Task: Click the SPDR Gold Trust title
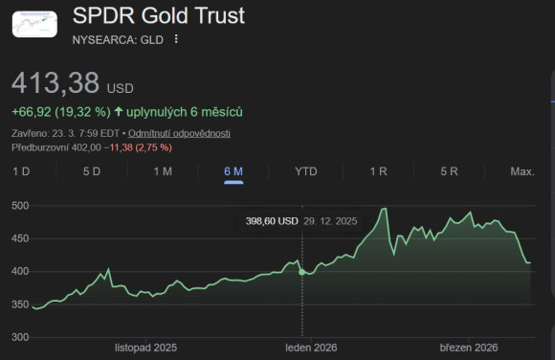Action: [159, 16]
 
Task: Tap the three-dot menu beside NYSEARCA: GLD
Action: [176, 39]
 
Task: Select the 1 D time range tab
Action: [20, 171]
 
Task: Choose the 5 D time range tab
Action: [92, 171]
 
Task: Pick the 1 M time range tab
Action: [163, 171]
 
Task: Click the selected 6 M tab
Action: [233, 171]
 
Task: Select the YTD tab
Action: [306, 171]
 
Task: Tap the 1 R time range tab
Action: [378, 171]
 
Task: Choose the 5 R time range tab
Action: [450, 171]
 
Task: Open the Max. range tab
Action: [522, 171]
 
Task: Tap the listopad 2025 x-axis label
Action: [145, 347]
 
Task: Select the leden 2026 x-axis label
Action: [307, 347]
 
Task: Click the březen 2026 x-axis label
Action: [469, 347]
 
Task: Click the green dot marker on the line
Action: [302, 272]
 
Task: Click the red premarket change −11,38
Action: [122, 147]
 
